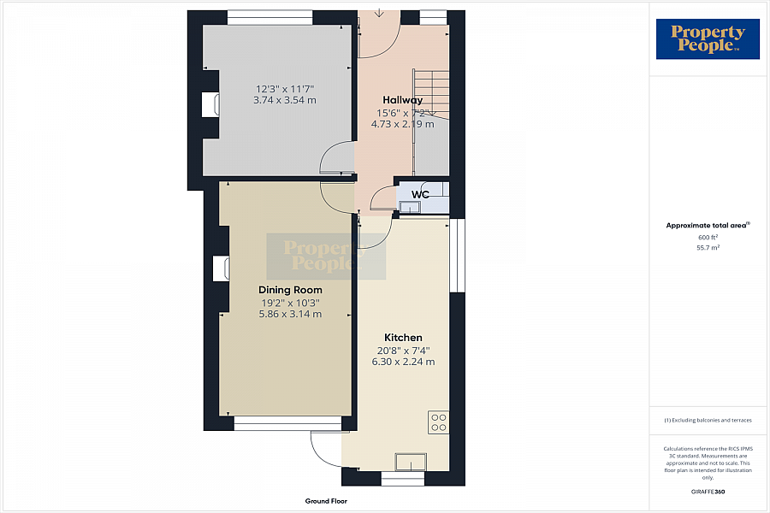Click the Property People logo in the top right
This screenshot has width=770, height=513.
pos(708,38)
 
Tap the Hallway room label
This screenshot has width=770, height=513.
pos(403,100)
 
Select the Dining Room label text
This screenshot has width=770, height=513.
pos(290,290)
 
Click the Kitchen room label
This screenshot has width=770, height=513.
pos(403,338)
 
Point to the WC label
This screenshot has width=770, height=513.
pos(420,194)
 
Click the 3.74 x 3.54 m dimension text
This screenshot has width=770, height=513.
pos(285,100)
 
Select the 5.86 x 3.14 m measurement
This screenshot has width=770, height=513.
pos(290,314)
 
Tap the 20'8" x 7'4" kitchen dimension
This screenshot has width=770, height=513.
pos(403,351)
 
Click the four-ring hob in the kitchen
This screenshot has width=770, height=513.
pos(439,422)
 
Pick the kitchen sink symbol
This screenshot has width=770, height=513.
pos(411,462)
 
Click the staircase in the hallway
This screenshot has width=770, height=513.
pos(431,93)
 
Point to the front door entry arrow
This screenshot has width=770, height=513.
pos(379,13)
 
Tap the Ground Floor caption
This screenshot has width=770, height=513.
pos(326,501)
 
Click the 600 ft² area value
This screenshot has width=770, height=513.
pos(708,237)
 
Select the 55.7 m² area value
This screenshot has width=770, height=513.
pos(708,248)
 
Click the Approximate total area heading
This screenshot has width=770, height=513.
pos(708,226)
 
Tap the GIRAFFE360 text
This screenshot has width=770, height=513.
pos(708,492)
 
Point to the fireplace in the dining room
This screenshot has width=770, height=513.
pos(222,268)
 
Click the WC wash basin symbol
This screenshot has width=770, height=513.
pos(407,208)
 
